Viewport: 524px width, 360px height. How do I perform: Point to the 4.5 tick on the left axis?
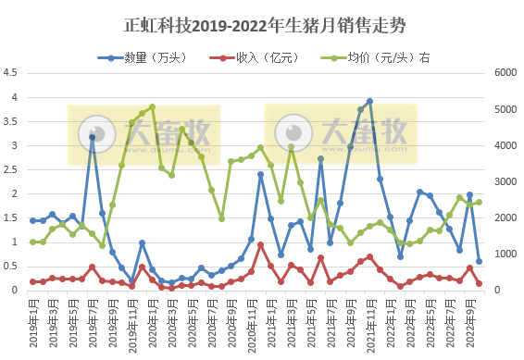pyautogui.click(x=11, y=73)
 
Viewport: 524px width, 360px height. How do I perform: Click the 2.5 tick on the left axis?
pyautogui.click(x=11, y=169)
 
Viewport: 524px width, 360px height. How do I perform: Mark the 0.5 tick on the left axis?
pyautogui.click(x=11, y=267)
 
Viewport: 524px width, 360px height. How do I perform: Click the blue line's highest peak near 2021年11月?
pyautogui.click(x=369, y=101)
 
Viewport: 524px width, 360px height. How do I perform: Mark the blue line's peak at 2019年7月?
pyautogui.click(x=92, y=137)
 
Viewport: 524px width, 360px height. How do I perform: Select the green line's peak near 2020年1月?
pyautogui.click(x=152, y=106)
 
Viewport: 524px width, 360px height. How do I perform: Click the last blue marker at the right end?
pyautogui.click(x=479, y=261)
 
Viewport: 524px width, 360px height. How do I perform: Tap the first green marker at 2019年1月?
pyautogui.click(x=32, y=242)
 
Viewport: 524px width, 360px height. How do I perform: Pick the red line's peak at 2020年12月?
pyautogui.click(x=261, y=244)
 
